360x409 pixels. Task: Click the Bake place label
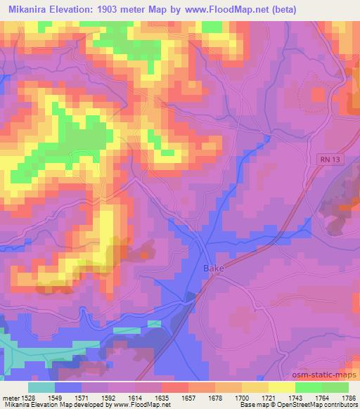[213, 268]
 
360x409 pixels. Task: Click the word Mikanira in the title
[30, 10]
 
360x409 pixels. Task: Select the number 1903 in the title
[126, 10]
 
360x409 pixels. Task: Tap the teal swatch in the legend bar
[41, 387]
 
